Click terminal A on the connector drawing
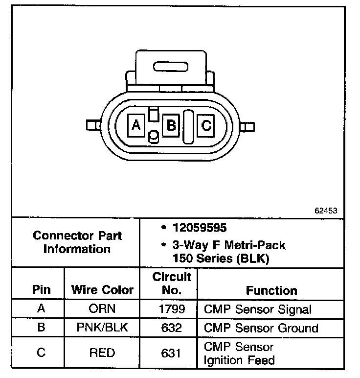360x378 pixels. coord(136,126)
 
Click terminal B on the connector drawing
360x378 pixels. coord(171,126)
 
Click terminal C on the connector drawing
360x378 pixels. coord(206,126)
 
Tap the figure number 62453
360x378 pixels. coord(326,211)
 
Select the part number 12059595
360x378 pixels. coord(194,228)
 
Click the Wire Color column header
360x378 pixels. coord(102,289)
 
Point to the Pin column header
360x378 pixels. coord(41,289)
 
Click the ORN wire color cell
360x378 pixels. coord(102,309)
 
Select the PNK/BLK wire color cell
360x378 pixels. coord(102,328)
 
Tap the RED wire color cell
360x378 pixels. coord(102,353)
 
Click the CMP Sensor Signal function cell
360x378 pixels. coord(257,309)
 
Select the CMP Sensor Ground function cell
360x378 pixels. coord(261,328)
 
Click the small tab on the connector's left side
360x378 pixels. coord(90,126)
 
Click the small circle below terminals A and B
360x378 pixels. coord(153,137)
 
